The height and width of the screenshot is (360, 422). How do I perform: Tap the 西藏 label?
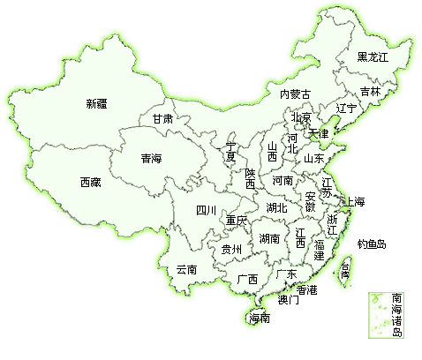click(x=90, y=183)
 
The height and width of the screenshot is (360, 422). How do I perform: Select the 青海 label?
click(x=151, y=160)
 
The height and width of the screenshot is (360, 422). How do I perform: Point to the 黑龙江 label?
click(x=372, y=57)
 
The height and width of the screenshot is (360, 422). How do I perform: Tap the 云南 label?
click(x=185, y=269)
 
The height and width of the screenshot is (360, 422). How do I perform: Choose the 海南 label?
click(x=259, y=318)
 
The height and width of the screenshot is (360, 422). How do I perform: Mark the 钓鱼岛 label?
click(x=371, y=244)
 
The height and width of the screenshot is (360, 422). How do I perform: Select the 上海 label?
click(x=355, y=202)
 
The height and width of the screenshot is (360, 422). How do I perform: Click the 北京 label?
click(x=301, y=117)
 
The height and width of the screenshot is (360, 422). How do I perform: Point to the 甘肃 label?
click(x=162, y=118)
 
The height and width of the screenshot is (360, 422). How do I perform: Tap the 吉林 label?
click(x=371, y=92)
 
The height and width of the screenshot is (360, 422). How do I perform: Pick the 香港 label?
click(x=306, y=289)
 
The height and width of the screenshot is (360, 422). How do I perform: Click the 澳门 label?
click(x=288, y=300)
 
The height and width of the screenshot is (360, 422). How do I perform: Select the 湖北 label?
click(x=275, y=208)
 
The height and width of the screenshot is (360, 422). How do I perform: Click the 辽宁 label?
click(x=347, y=108)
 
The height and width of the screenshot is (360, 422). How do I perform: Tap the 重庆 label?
click(x=236, y=220)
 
